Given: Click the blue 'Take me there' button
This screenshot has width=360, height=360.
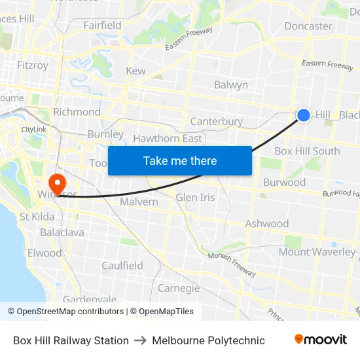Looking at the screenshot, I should [180, 160].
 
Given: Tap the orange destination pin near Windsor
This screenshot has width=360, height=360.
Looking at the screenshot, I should [58, 182].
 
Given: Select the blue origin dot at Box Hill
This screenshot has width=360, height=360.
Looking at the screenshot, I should [304, 115].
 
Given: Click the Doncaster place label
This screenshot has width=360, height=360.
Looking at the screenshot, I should [308, 26].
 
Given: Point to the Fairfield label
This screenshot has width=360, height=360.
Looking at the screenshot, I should [102, 25].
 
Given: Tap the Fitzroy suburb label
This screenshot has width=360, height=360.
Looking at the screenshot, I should [33, 65].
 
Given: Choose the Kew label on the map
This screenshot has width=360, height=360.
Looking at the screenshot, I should [135, 71].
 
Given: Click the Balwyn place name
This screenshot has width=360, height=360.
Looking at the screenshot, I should [231, 85].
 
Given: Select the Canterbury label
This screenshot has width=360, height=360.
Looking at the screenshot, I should [216, 121].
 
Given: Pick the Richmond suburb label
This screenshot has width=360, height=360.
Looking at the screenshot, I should [77, 112].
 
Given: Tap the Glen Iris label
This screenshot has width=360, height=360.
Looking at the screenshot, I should [195, 197].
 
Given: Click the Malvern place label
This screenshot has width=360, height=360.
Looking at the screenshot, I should [139, 202].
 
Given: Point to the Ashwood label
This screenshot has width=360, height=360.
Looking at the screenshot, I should [267, 224].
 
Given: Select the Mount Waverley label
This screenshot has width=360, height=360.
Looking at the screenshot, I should [317, 252].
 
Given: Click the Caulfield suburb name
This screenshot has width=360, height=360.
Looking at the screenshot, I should [122, 266].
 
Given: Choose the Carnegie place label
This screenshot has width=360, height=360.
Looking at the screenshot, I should [179, 288].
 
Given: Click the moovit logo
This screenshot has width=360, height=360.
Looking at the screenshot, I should [321, 340].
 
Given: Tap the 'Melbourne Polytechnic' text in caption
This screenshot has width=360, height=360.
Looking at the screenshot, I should [208, 340].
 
